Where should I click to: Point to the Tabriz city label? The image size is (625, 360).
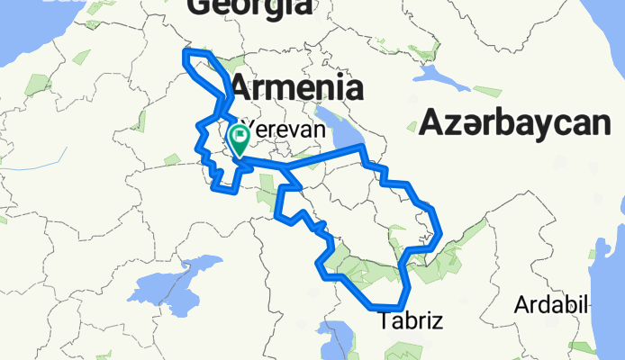(411, 320)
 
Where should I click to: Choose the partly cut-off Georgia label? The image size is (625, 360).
(249, 7)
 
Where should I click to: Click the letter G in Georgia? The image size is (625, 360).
(200, 7)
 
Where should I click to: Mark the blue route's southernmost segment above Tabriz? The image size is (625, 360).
(389, 307)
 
